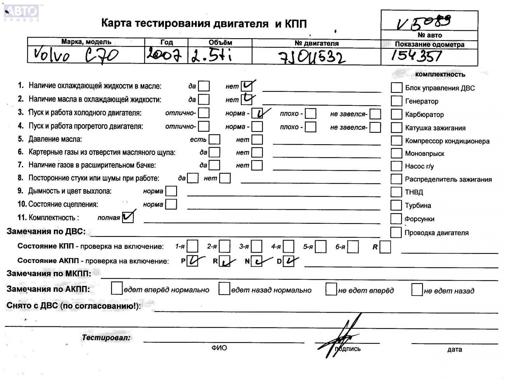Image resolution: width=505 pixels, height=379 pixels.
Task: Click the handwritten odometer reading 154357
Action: (x=416, y=56)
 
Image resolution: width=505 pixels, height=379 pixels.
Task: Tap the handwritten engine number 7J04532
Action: (x=312, y=57)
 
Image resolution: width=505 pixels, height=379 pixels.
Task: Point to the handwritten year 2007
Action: (x=164, y=55)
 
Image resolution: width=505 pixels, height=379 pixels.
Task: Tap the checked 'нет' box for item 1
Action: (x=246, y=86)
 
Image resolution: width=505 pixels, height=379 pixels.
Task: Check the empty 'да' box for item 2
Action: (x=204, y=99)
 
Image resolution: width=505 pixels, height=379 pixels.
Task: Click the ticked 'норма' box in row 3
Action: (x=257, y=113)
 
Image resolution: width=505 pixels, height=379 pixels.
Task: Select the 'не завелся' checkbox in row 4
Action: (x=375, y=127)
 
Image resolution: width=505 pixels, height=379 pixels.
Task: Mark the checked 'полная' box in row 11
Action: (x=128, y=217)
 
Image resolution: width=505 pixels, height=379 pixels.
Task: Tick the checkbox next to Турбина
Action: (x=396, y=205)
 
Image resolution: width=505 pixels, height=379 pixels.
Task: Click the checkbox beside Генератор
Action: (x=396, y=101)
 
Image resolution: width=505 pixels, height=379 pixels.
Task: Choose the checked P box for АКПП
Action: (x=192, y=261)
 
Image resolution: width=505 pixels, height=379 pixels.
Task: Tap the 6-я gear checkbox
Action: (x=353, y=247)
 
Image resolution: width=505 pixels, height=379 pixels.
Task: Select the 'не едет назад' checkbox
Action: (x=417, y=290)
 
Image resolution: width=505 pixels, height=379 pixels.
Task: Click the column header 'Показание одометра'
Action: (x=429, y=44)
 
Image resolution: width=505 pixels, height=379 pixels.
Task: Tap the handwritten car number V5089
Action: (x=424, y=22)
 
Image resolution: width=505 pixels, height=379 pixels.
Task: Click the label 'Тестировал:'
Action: (x=106, y=338)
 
